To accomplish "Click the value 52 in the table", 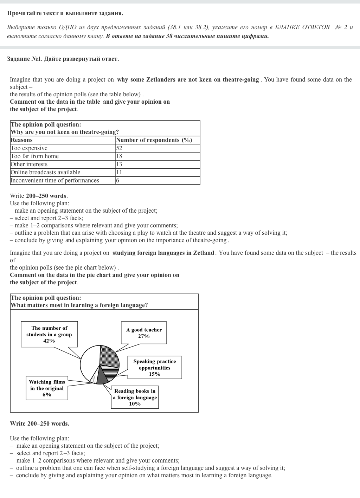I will [119, 148].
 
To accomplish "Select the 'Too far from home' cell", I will [35, 156].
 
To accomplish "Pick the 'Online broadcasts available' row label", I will [45, 173].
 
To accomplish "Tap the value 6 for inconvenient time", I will [118, 181].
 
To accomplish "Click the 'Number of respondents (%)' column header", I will [154, 140].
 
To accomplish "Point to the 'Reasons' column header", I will [21, 140].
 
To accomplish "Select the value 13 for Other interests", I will [119, 164].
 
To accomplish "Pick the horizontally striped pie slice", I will [111, 373].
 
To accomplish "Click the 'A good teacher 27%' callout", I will [144, 333].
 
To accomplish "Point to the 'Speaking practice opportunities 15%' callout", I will [154, 368].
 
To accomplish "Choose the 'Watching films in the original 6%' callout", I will [47, 388].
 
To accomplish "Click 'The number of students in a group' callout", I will [49, 334].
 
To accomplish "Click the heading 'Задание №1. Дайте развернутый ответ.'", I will [63, 59].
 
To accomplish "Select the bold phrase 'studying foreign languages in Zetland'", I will [163, 253].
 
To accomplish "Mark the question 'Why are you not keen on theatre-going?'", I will [65, 132].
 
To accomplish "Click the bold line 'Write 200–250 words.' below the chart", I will [39, 424].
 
